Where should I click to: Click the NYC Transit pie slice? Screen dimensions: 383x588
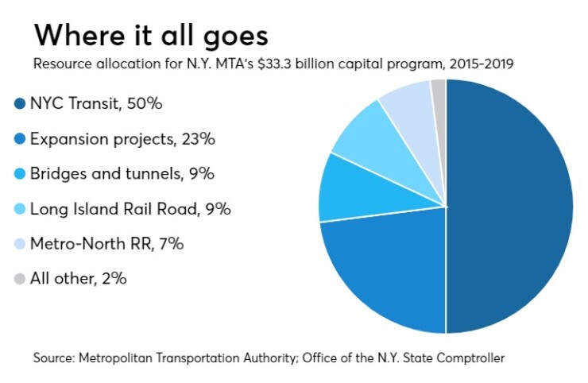click(509, 207)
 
